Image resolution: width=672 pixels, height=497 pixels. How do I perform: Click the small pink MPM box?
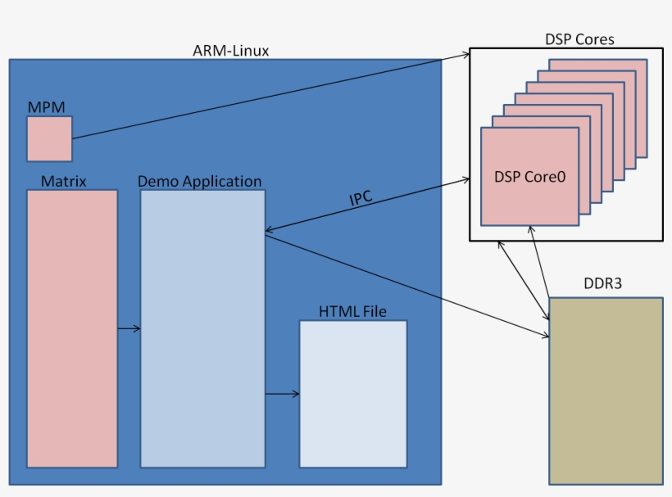tap(49, 138)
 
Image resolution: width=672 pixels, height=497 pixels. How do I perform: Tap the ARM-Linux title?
tap(230, 51)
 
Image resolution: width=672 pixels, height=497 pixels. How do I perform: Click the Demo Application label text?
tap(199, 181)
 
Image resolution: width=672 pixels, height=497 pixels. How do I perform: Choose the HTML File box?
tap(352, 394)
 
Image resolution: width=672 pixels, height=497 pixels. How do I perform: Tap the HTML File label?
tap(352, 311)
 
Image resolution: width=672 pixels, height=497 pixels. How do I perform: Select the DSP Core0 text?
tap(529, 176)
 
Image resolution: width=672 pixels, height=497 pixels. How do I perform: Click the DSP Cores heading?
tap(579, 38)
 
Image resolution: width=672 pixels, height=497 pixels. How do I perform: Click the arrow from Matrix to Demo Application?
tap(129, 329)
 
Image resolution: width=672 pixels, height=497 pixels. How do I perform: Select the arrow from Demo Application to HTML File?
tap(282, 395)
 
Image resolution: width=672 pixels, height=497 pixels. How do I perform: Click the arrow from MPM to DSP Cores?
tap(270, 96)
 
